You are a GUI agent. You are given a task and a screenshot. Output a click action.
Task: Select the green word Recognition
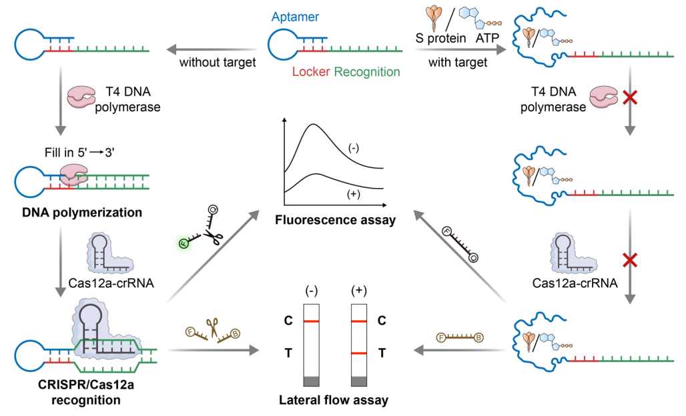click(x=367, y=71)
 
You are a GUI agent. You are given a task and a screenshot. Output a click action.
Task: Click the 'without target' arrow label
click(x=218, y=64)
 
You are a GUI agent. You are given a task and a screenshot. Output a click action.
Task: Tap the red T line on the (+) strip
click(x=359, y=353)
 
